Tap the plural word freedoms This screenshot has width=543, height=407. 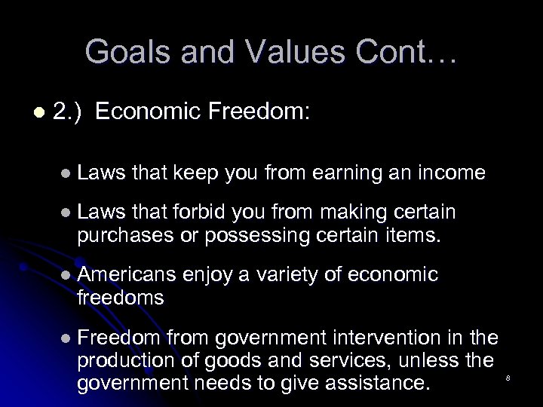(x=120, y=297)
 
